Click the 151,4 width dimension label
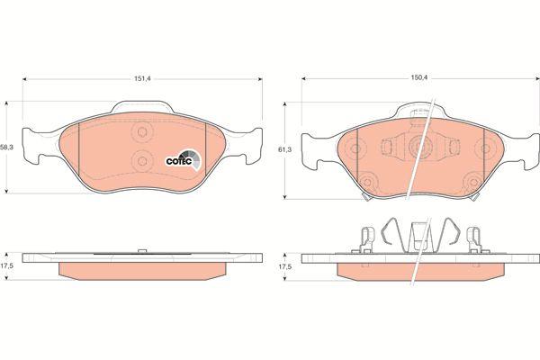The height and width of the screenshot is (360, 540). click(142, 78)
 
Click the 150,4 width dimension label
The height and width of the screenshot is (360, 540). click(418, 78)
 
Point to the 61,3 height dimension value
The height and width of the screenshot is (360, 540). click(284, 149)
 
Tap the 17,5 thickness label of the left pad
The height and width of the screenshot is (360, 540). click(5, 266)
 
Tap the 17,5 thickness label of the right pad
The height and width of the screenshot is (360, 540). click(284, 266)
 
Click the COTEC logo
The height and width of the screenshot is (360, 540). click(184, 159)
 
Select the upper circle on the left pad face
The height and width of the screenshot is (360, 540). click(142, 131)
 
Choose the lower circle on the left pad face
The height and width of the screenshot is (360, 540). click(142, 160)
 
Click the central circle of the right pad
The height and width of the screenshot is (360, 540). click(418, 147)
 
